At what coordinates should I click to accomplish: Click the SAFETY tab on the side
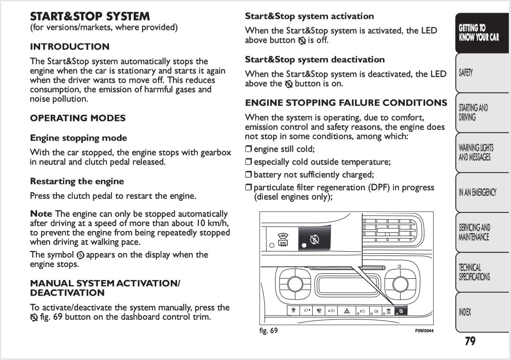point(482,73)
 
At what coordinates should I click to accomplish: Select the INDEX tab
point(482,312)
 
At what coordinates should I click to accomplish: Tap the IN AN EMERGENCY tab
point(482,192)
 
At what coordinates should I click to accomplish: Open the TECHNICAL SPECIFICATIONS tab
point(482,272)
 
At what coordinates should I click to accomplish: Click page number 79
point(470,341)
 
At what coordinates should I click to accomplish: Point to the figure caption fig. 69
point(268,330)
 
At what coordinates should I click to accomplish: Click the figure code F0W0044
point(424,331)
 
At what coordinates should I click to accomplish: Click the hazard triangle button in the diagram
point(347,311)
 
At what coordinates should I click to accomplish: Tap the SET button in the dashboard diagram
point(319,311)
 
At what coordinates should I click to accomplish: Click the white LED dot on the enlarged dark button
point(304,245)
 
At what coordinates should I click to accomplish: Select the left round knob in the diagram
point(295,284)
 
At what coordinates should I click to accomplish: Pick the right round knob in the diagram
point(400,284)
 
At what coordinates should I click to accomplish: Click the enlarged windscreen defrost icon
point(283,240)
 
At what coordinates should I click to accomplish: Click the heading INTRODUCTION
point(70,47)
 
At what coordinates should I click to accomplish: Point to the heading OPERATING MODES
point(78,118)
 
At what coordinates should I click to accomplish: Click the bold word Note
point(41,214)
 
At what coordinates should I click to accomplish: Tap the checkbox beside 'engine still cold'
point(248,149)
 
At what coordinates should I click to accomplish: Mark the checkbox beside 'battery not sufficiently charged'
point(248,175)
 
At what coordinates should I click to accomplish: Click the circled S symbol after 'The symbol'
point(80,255)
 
